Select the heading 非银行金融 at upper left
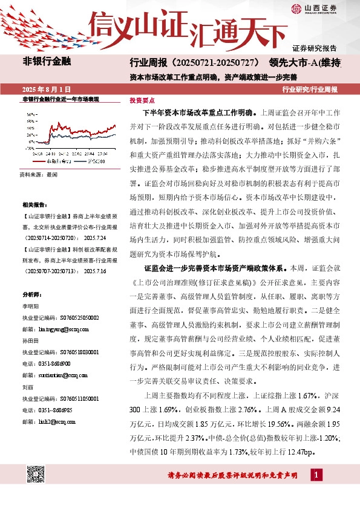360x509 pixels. (x=47, y=61)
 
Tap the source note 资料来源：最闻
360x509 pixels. (x=39, y=174)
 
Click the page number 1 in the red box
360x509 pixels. (x=317, y=476)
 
